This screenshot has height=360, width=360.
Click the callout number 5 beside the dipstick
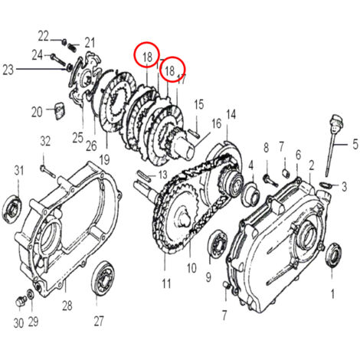355,144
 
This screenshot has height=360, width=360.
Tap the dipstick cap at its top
337,123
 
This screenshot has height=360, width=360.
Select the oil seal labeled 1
332,256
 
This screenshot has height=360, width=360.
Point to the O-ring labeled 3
325,185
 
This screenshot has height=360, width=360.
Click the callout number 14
230,116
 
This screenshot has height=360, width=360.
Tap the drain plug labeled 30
21,301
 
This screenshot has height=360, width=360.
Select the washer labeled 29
30,293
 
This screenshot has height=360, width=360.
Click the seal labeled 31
11,208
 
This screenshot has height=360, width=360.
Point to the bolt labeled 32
47,172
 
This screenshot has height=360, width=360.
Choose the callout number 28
67,306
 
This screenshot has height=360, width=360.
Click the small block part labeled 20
59,110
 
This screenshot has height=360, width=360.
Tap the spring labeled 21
72,47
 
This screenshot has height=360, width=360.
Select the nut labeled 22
64,41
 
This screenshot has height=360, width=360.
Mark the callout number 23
8,69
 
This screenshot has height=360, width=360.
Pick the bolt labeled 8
270,180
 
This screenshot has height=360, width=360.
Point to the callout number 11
166,283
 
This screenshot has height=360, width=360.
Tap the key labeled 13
143,175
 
